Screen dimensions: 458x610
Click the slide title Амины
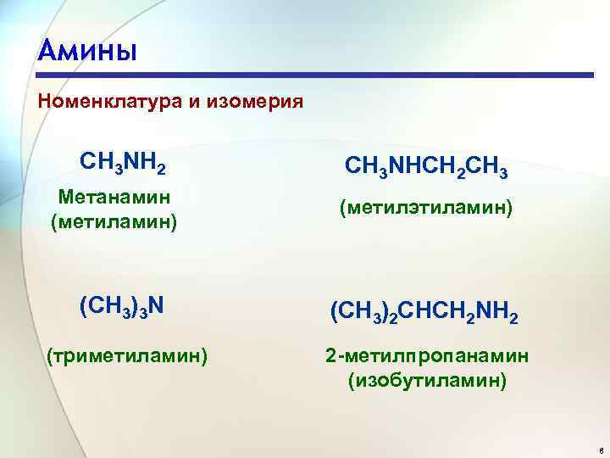(x=87, y=51)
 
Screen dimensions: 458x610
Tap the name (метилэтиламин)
(x=425, y=208)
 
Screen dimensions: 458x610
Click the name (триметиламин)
(x=128, y=355)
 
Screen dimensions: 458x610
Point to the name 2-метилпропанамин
(x=427, y=355)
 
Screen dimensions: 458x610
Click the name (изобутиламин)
(x=427, y=381)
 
